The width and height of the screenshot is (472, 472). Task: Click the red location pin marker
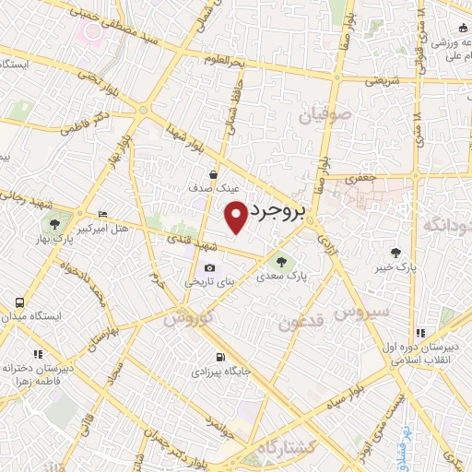click(236, 217)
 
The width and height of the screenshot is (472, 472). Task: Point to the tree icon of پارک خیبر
click(396, 253)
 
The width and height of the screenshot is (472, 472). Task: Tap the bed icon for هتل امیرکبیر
click(101, 211)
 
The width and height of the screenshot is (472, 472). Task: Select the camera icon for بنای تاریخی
click(209, 268)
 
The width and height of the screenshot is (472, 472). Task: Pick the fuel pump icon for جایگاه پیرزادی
click(219, 358)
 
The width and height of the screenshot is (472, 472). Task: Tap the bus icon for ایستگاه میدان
click(19, 301)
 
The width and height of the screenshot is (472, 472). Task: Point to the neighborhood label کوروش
click(189, 317)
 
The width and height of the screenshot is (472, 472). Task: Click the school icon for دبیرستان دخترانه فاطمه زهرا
click(38, 354)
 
